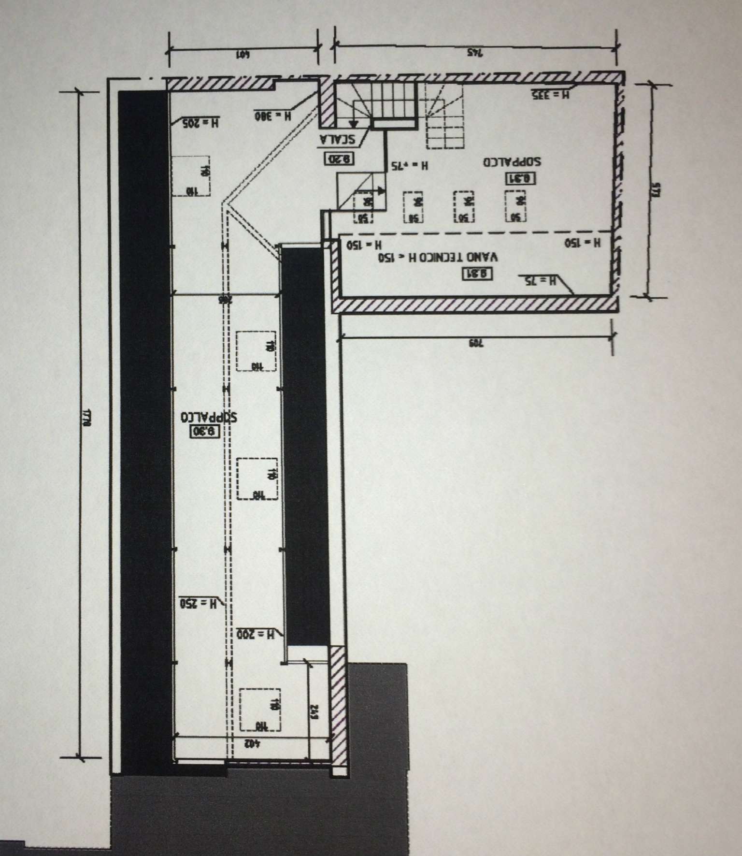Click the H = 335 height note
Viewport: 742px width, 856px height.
(x=550, y=95)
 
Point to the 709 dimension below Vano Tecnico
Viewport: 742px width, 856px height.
(x=475, y=344)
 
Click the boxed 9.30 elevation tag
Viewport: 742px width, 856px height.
(x=205, y=432)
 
